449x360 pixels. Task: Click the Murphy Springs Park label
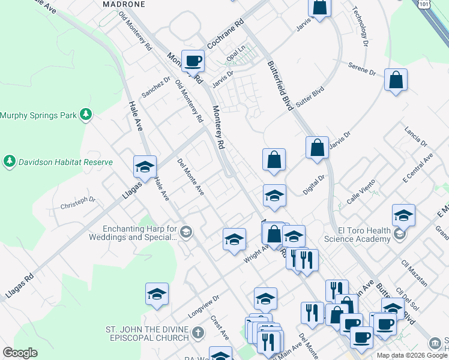click(40, 115)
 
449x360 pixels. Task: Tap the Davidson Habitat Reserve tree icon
click(9, 161)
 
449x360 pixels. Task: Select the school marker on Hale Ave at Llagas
click(145, 167)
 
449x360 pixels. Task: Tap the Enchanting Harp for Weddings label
click(140, 233)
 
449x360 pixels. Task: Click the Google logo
click(20, 353)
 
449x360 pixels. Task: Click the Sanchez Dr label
click(156, 86)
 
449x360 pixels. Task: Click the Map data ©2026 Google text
click(411, 355)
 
